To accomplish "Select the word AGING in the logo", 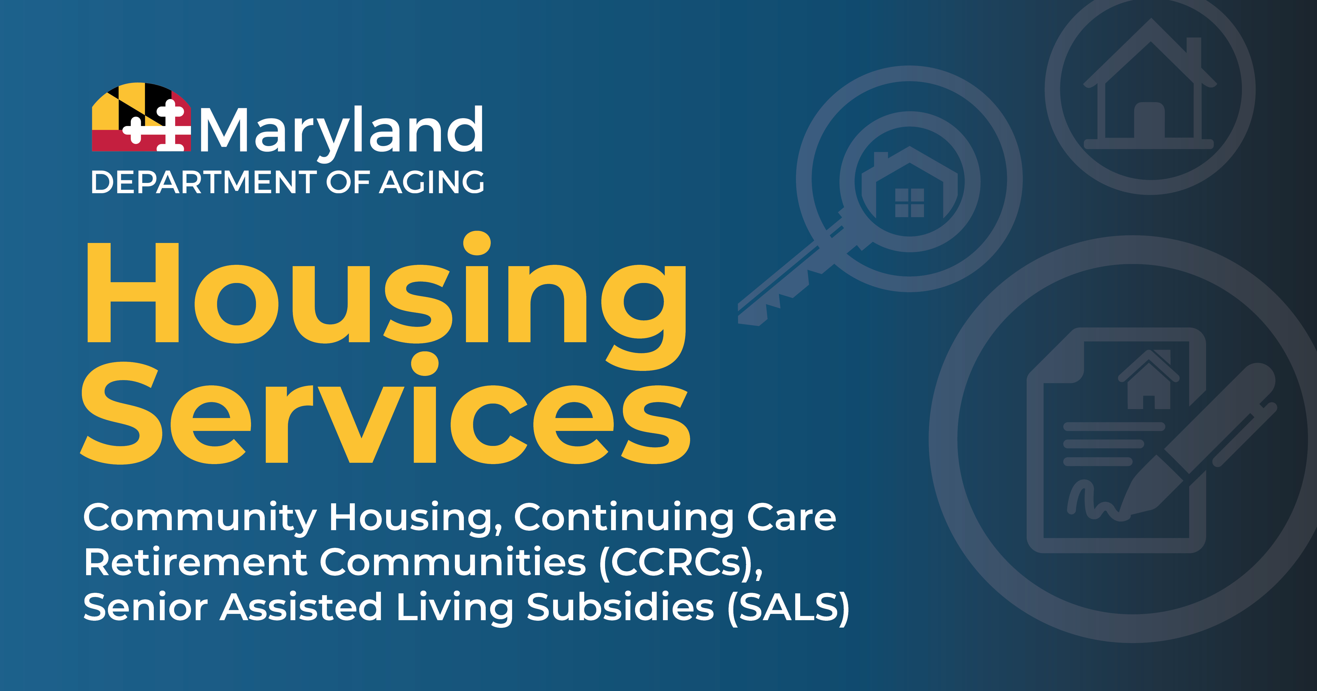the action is [431, 182].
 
